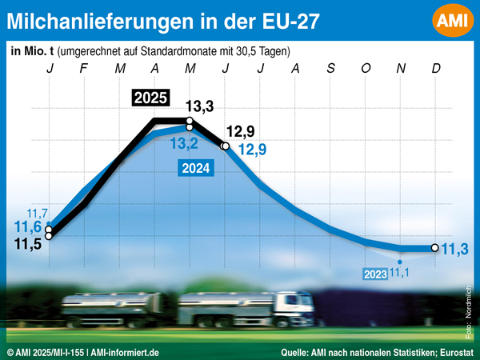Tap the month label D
pyautogui.click(x=436, y=69)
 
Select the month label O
pyautogui.click(x=366, y=69)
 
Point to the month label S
pyautogui.click(x=330, y=69)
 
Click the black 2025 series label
pyautogui.click(x=150, y=99)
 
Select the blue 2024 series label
pyautogui.click(x=196, y=168)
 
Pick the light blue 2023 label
pyautogui.click(x=375, y=274)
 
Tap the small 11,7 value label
pyautogui.click(x=38, y=214)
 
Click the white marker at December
pyautogui.click(x=434, y=248)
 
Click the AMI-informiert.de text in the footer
pyautogui.click(x=125, y=352)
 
